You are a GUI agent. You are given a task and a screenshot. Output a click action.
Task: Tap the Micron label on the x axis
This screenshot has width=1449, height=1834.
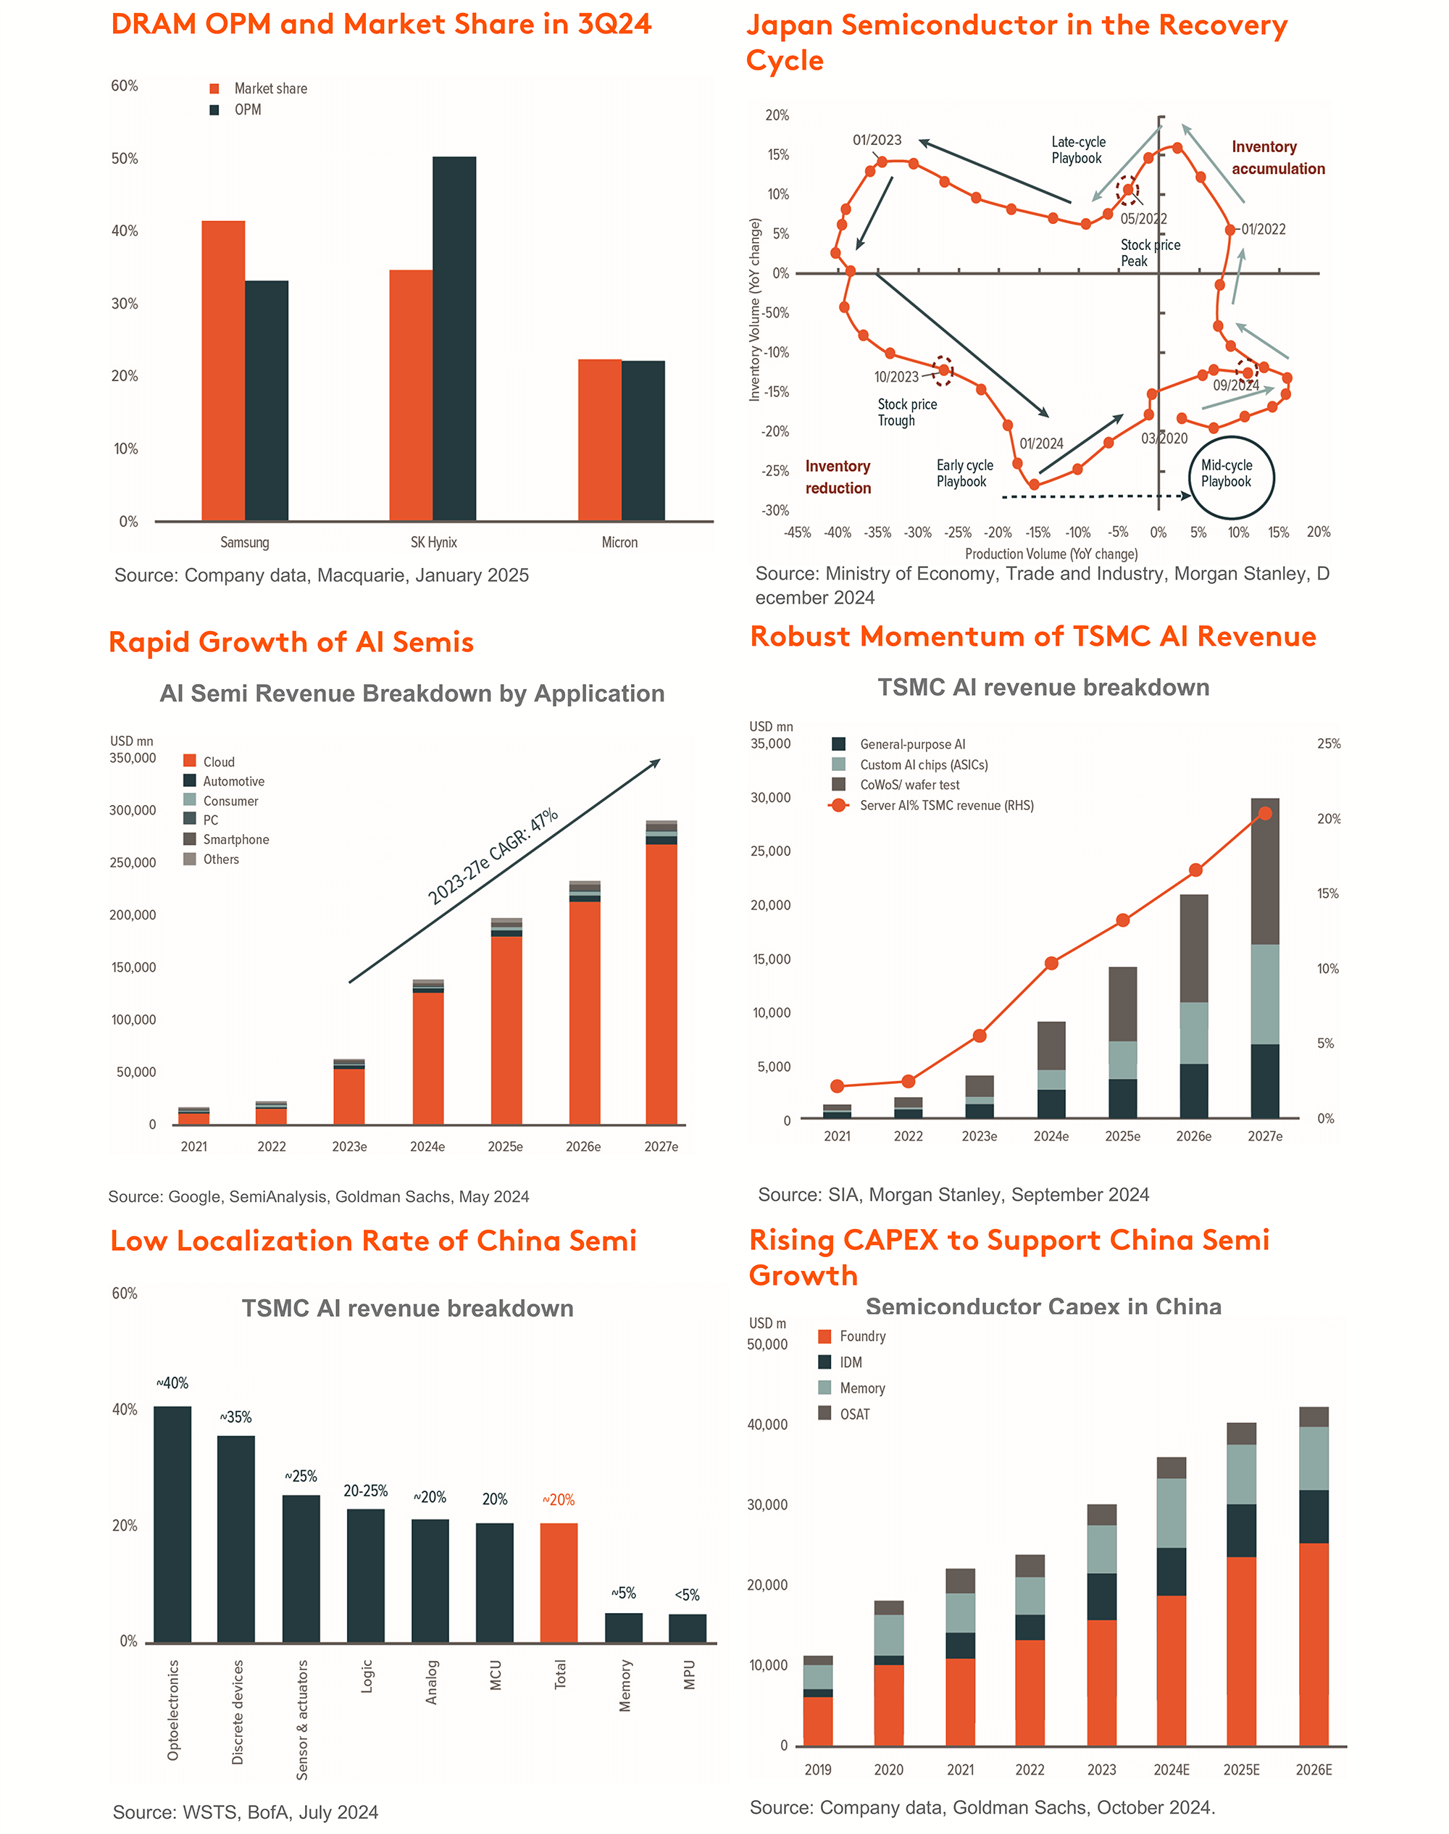tap(619, 543)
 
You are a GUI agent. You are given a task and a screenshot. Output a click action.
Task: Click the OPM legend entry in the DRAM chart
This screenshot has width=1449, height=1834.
tap(247, 110)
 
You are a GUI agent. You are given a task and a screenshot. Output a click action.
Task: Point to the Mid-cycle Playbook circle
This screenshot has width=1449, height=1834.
tap(1232, 477)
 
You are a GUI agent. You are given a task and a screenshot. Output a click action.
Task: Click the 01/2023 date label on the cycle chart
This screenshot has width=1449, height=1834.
tap(877, 140)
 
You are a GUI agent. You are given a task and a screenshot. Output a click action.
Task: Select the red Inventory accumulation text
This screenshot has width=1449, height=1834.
tap(1277, 158)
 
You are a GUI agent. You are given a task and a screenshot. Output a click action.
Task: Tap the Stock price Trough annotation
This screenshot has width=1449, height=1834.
tap(907, 412)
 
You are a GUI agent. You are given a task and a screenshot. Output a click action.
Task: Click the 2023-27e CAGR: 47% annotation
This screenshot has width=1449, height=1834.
tap(492, 856)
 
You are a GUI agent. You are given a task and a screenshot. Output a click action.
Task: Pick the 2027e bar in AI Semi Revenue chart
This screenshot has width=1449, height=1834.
tap(661, 975)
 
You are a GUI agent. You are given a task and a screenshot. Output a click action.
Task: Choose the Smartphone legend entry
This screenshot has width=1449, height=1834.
tap(235, 840)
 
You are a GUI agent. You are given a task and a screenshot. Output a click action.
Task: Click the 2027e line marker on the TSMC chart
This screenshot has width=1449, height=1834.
tap(1265, 814)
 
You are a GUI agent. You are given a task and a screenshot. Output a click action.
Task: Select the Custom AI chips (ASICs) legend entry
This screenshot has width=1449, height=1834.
tap(923, 765)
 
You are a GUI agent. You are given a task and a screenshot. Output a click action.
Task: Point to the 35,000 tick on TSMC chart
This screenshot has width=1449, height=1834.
tap(769, 744)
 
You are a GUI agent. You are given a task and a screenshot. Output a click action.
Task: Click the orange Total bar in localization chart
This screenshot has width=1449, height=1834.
tap(559, 1582)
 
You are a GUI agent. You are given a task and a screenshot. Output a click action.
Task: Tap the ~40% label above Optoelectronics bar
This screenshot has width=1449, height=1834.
tap(172, 1383)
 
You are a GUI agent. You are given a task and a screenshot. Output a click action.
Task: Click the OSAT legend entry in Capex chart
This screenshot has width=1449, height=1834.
tap(853, 1414)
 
